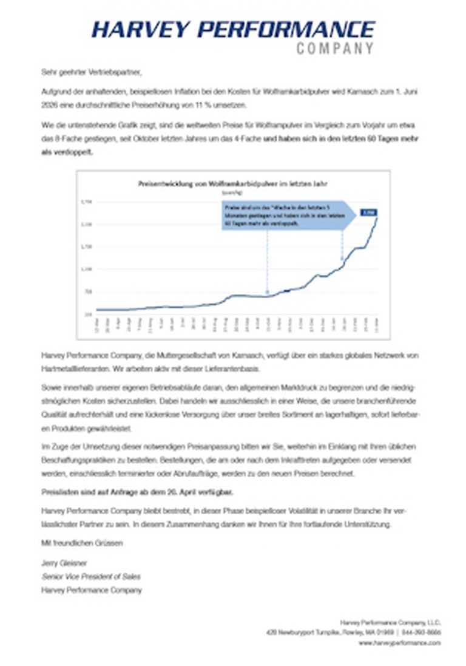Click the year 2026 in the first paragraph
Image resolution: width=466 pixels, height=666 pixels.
(49, 104)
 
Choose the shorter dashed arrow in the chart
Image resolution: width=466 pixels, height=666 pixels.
(342, 245)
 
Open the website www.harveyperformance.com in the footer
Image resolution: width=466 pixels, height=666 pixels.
(400, 642)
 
